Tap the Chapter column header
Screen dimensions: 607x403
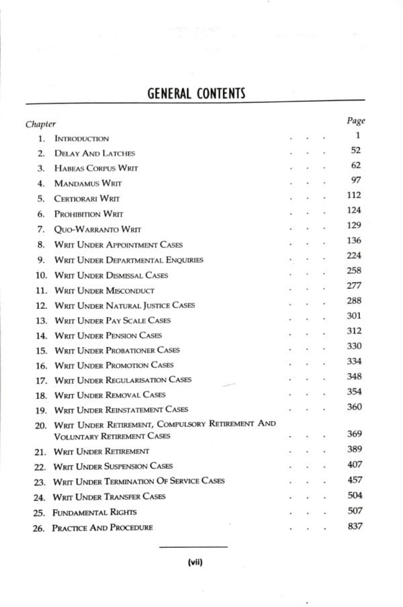coord(40,124)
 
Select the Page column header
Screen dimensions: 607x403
coord(355,121)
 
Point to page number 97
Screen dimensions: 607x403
coord(356,180)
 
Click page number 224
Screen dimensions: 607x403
coord(355,256)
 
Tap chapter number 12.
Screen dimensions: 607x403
coord(40,306)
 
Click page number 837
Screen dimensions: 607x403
coord(355,526)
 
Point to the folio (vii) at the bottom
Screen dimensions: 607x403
coord(196,564)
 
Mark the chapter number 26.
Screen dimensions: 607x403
coord(40,527)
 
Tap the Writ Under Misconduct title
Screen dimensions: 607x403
coord(104,291)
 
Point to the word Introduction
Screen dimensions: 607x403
coord(82,138)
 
